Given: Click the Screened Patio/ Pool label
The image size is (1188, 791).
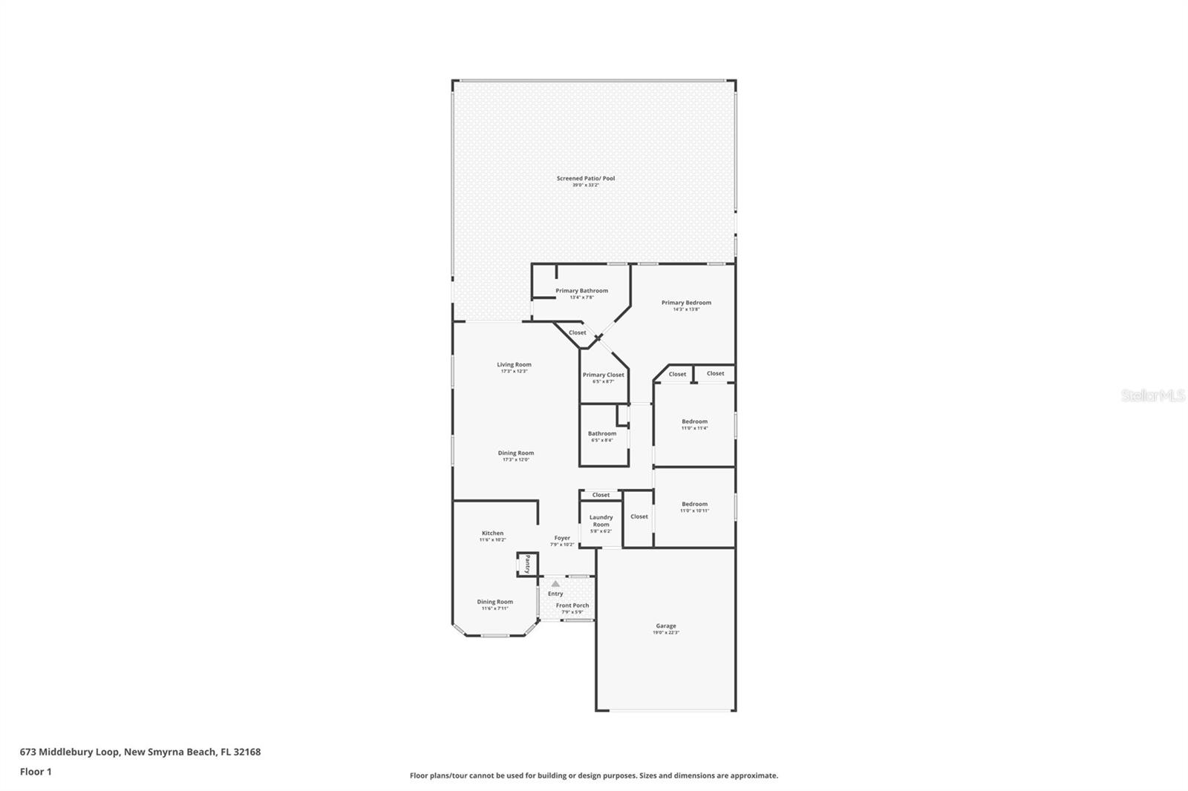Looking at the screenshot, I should pyautogui.click(x=586, y=179).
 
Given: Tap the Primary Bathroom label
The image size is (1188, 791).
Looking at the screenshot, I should pyautogui.click(x=581, y=291).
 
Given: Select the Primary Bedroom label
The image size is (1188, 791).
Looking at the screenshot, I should pyautogui.click(x=686, y=303).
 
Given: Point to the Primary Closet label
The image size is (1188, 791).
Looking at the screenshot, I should pyautogui.click(x=603, y=375).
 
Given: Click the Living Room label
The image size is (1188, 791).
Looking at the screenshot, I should pyautogui.click(x=514, y=365).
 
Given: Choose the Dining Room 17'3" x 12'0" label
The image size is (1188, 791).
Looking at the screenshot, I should pyautogui.click(x=515, y=453).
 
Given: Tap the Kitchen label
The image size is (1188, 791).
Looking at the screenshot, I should pyautogui.click(x=492, y=534).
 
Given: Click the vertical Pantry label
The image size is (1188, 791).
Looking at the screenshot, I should pyautogui.click(x=527, y=564).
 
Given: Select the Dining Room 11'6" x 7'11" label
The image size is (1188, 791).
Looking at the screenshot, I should pyautogui.click(x=495, y=603).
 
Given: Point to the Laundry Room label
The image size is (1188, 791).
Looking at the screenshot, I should pyautogui.click(x=601, y=521).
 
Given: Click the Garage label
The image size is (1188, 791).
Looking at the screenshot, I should pyautogui.click(x=665, y=626).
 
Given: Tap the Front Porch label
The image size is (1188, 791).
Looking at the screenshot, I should pyautogui.click(x=572, y=605).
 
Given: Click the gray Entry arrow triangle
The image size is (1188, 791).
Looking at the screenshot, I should pyautogui.click(x=555, y=584).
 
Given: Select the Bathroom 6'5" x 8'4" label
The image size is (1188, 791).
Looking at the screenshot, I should pyautogui.click(x=601, y=434).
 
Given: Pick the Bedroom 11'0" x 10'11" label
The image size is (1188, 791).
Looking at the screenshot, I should pyautogui.click(x=694, y=505).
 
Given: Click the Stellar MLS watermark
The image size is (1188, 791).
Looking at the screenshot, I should pyautogui.click(x=1152, y=396).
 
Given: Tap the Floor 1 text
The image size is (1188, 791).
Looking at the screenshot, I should pyautogui.click(x=36, y=772).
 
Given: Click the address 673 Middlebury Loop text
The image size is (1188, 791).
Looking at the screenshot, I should pyautogui.click(x=140, y=752).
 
